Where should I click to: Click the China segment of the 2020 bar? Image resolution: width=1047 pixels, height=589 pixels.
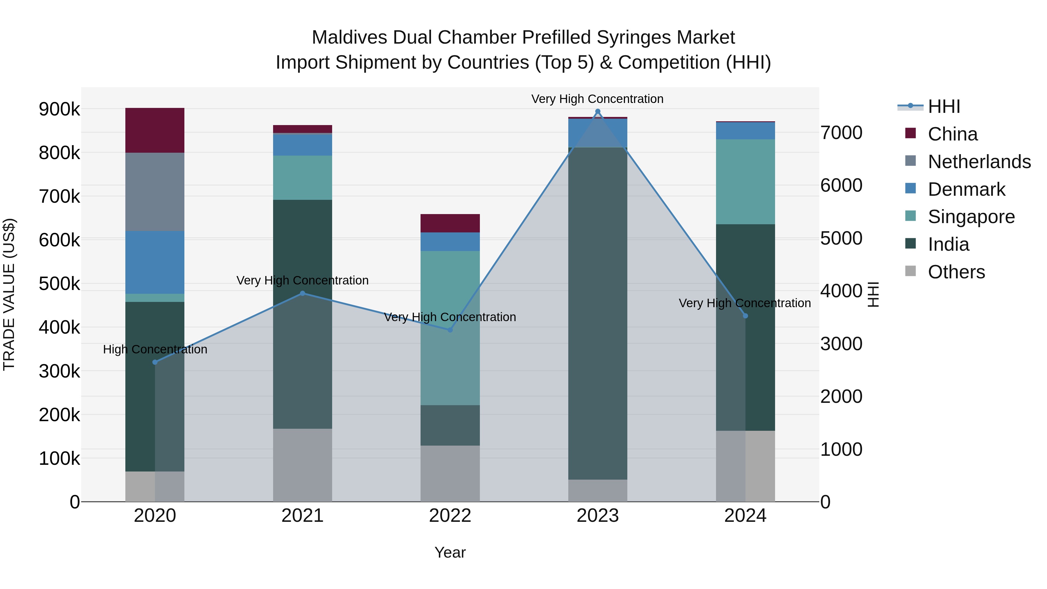pos(154,130)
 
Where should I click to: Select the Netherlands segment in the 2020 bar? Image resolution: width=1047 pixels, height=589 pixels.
pos(154,191)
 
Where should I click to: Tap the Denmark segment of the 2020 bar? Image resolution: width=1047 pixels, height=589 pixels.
pos(154,262)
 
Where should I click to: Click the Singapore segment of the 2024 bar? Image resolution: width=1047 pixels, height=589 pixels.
pos(745,182)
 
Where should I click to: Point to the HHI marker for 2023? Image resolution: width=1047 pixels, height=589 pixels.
pos(597,111)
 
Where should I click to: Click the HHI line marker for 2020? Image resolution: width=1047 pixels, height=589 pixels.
pos(155,362)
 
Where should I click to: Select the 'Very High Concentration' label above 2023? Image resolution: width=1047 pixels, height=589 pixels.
pos(597,99)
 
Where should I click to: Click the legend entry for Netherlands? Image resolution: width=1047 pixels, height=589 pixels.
pos(979,162)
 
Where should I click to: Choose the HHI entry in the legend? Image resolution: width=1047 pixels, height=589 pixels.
pos(944,106)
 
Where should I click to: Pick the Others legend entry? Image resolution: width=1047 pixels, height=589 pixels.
pos(956,272)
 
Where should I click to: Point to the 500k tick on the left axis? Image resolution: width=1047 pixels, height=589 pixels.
pos(59,284)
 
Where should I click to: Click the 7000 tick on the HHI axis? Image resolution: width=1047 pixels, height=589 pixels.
pos(841,133)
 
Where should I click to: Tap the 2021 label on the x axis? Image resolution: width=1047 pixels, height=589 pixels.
pos(302,516)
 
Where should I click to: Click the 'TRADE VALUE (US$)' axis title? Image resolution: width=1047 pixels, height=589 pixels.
pos(9,294)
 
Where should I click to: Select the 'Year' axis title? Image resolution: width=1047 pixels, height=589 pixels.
pos(450,552)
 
